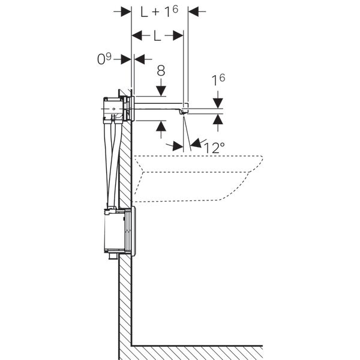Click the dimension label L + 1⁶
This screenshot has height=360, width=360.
point(160,11)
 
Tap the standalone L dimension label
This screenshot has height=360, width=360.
point(157,36)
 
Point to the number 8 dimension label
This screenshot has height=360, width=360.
point(161,70)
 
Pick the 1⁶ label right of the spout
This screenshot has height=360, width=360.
point(218,79)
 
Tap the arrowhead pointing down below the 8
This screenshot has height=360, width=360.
point(161,90)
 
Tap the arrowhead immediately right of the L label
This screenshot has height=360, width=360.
point(178,36)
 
